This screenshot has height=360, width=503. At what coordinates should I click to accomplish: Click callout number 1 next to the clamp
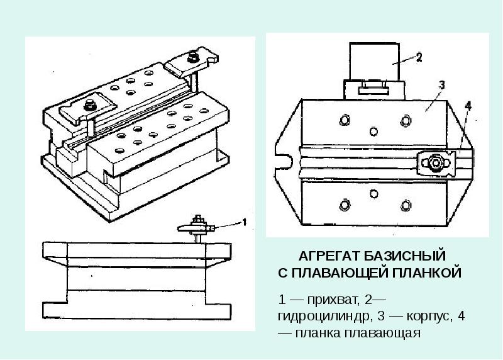coord(245,222)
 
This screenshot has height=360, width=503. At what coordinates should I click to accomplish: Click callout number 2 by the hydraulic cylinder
coord(419,57)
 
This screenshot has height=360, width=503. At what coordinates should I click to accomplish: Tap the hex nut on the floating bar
coord(435,164)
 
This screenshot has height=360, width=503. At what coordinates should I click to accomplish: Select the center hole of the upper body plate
coord(375,131)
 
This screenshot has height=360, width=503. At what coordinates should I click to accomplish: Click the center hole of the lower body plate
coord(375,193)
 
